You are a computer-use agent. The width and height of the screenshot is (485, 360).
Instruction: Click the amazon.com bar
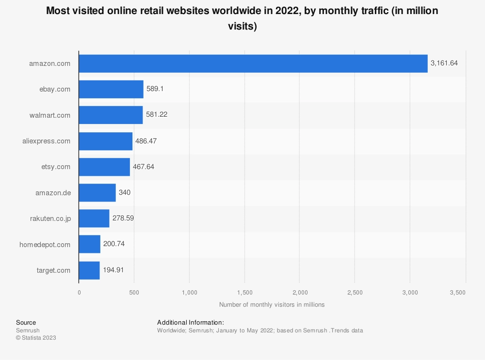tap(253, 63)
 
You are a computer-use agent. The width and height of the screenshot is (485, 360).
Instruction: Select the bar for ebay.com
tap(111, 89)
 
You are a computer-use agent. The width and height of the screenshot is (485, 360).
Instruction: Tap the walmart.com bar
tap(111, 115)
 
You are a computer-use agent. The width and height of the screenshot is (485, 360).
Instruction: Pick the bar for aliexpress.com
tap(105, 141)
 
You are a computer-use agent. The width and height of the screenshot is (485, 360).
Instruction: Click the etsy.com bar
tap(104, 167)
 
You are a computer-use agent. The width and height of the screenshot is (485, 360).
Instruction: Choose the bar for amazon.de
tap(97, 192)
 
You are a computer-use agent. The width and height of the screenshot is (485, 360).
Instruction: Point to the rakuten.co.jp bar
tap(94, 219)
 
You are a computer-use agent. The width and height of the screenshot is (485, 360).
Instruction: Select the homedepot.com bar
tap(90, 244)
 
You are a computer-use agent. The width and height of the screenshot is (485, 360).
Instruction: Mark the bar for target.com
tap(89, 270)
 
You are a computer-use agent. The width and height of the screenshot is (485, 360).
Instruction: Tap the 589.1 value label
tap(156, 89)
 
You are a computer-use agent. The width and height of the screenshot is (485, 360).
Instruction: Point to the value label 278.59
tap(123, 219)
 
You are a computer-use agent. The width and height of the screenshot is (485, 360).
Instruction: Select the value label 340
tap(125, 192)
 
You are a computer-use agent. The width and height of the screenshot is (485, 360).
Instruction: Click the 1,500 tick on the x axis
tap(244, 293)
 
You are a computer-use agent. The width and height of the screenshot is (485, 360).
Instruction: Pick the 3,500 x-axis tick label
tap(458, 293)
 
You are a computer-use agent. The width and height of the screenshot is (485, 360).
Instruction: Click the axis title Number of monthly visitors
tap(272, 305)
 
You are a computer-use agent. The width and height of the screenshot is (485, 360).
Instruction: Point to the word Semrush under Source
tap(28, 330)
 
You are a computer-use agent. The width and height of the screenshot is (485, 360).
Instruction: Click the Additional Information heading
tap(191, 323)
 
